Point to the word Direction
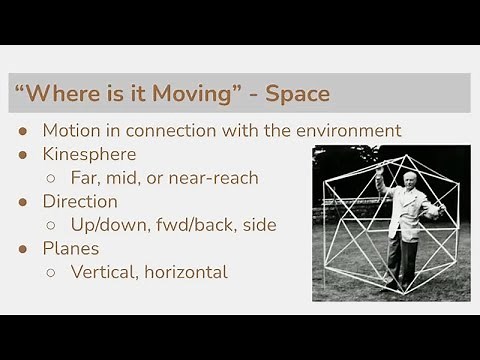pyautogui.click(x=80, y=201)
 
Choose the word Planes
pyautogui.click(x=70, y=248)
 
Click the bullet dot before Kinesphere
pyautogui.click(x=23, y=155)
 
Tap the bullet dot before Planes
pyautogui.click(x=23, y=249)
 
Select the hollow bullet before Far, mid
pyautogui.click(x=51, y=179)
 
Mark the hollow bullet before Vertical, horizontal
pyautogui.click(x=51, y=273)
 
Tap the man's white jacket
pyautogui.click(x=404, y=215)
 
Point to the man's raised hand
pyautogui.click(x=379, y=172)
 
